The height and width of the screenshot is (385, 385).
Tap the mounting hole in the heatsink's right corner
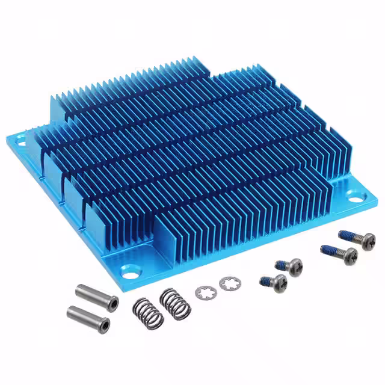tap(356, 196)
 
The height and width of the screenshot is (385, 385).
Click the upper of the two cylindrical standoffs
tap(96, 295)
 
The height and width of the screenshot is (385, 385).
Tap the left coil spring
tap(148, 312)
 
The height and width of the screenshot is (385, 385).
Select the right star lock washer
tap(228, 283)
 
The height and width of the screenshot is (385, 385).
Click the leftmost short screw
tap(274, 282)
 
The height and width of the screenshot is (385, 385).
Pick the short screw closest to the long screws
tap(289, 266)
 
